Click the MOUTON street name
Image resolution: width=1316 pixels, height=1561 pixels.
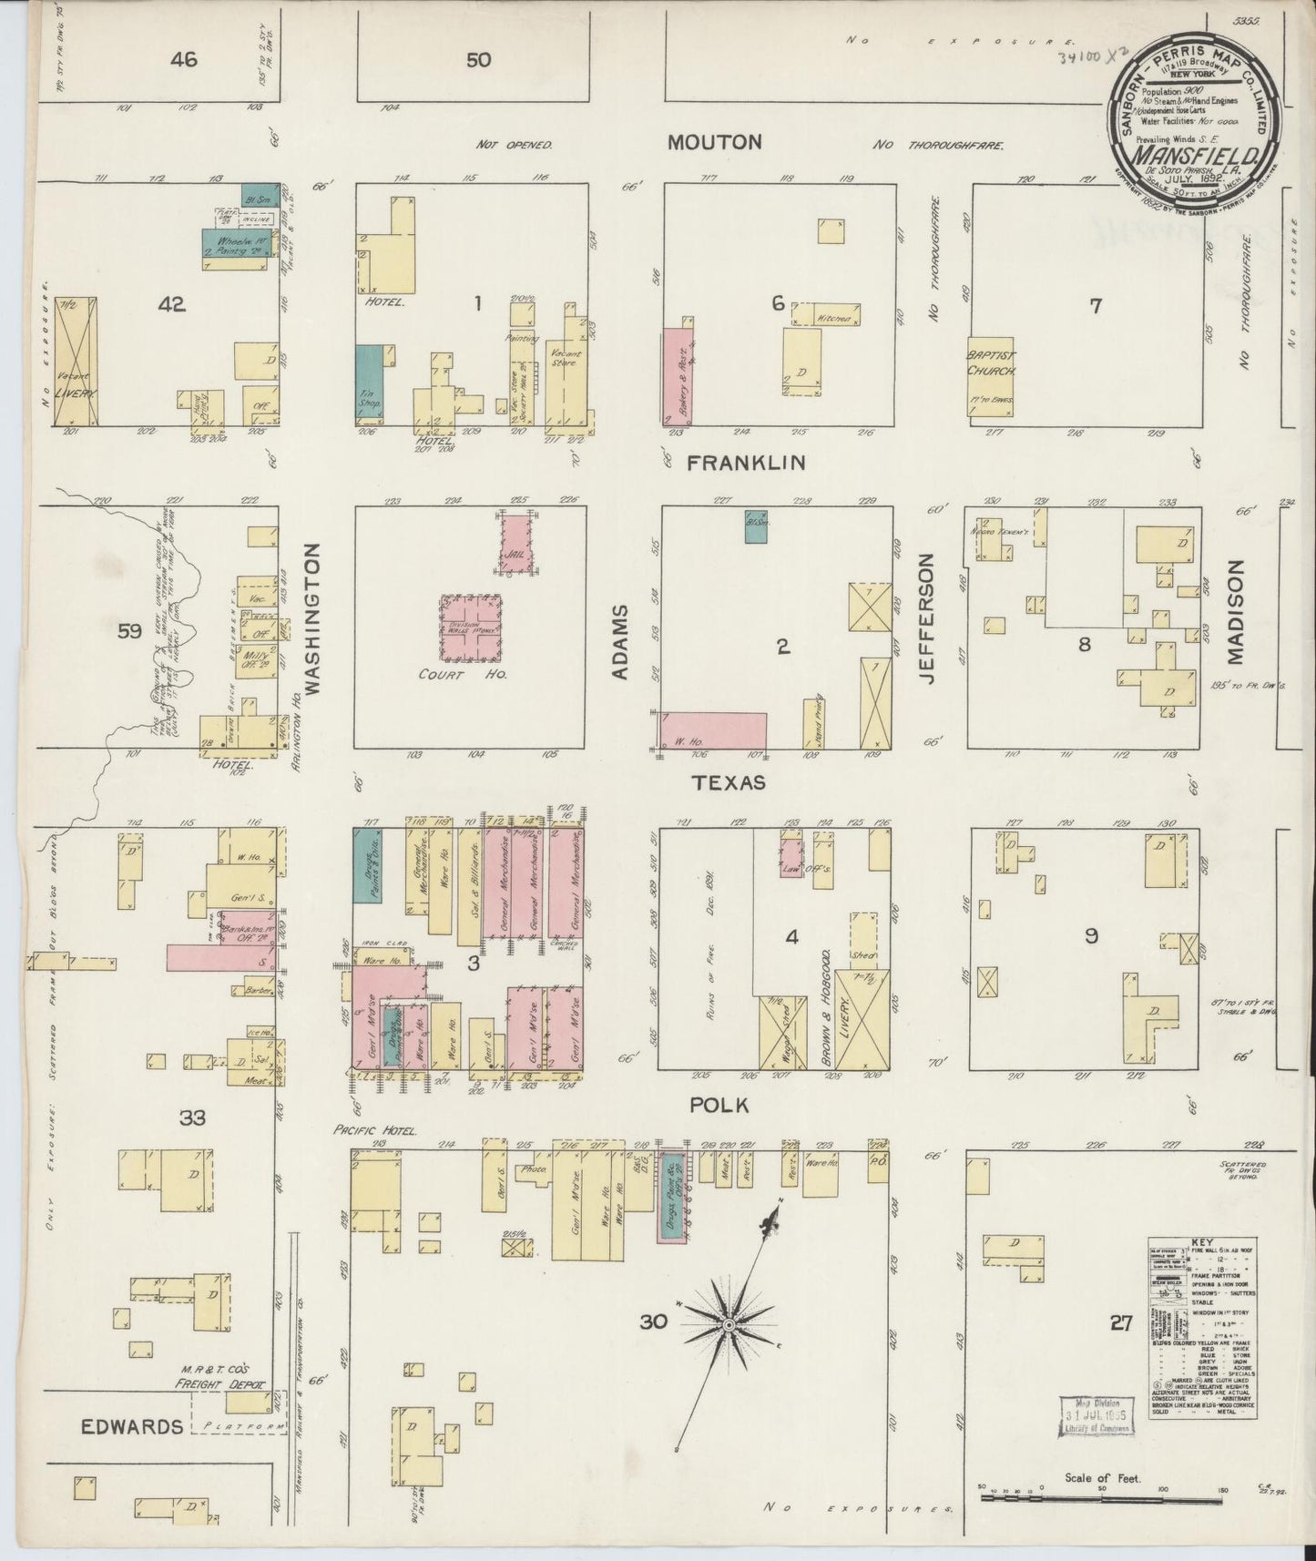pos(714,143)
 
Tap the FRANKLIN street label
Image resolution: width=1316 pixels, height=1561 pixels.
pos(746,464)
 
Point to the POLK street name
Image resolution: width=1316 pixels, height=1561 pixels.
pos(719,1105)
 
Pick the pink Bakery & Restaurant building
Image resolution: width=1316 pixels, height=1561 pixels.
pos(679,373)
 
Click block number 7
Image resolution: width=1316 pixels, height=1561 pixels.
pos(1096,306)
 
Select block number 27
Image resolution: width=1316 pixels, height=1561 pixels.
pos(1121,1323)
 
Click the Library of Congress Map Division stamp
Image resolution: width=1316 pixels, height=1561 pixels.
pos(1097,1415)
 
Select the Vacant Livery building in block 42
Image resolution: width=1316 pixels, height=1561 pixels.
pos(76,362)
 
